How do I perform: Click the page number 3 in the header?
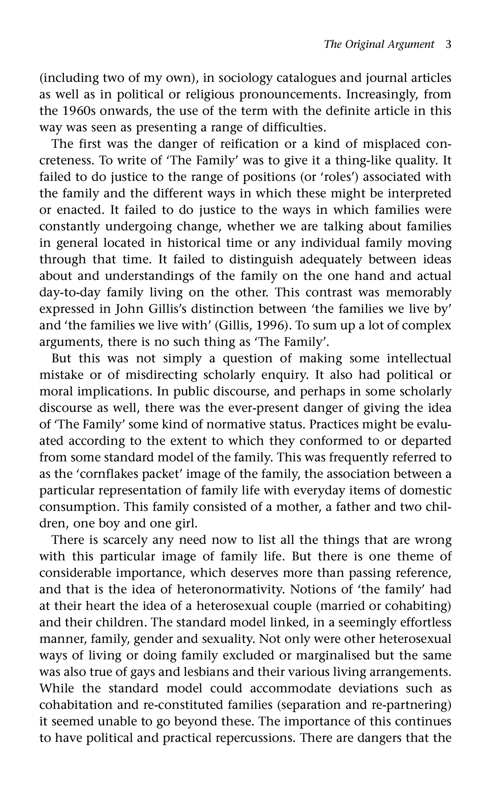coord(448,44)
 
